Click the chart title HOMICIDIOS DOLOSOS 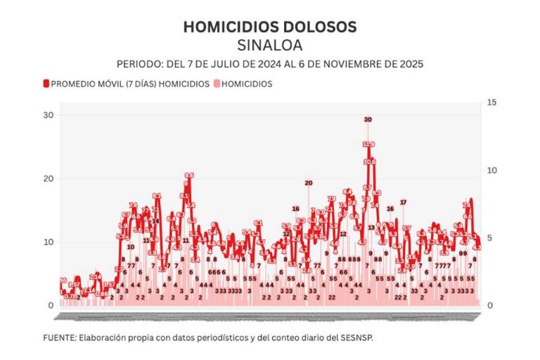(x=270, y=27)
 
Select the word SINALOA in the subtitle (x=270, y=45)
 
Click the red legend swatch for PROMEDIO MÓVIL (x=46, y=84)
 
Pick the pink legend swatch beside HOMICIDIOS (x=216, y=84)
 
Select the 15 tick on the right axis (x=491, y=103)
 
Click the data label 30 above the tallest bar (x=368, y=120)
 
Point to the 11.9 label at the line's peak (x=368, y=144)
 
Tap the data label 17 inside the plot (x=403, y=202)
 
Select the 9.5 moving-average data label (x=188, y=175)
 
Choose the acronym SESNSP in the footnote (x=356, y=337)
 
